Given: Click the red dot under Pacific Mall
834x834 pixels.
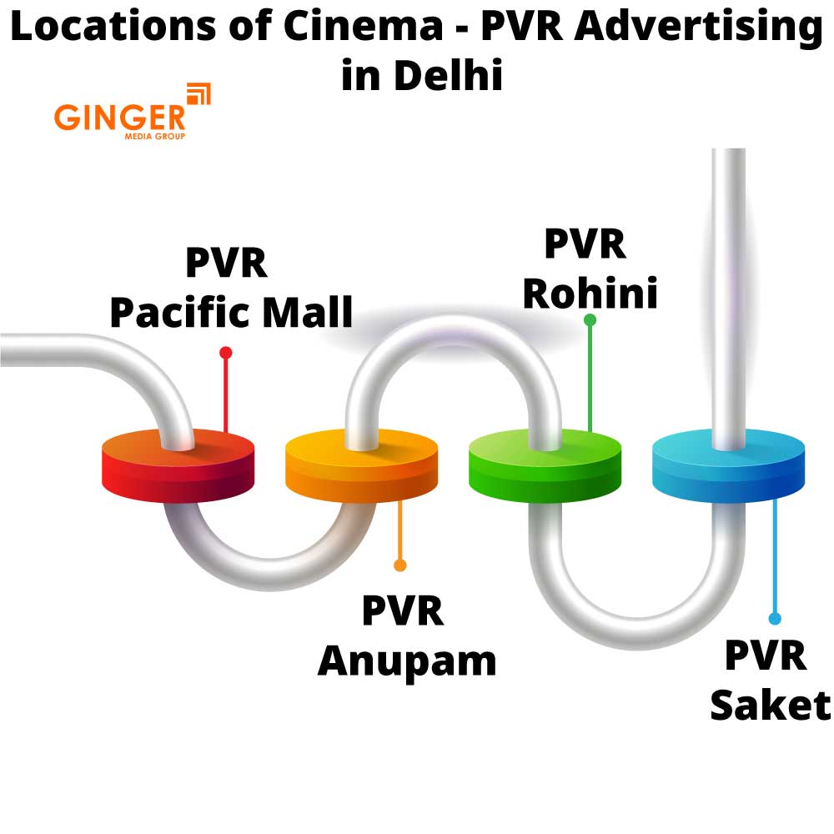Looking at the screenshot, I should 225,353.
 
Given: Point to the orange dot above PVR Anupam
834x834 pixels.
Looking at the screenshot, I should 399,565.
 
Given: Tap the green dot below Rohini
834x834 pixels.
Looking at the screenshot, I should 590,319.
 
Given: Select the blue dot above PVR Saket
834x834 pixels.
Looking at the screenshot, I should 775,619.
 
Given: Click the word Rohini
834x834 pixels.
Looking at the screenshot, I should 590,292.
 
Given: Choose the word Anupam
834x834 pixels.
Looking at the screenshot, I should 407,661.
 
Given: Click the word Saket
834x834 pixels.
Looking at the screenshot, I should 770,705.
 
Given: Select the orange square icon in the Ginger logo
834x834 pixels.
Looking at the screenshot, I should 198,94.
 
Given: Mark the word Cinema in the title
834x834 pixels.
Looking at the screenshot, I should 363,27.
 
